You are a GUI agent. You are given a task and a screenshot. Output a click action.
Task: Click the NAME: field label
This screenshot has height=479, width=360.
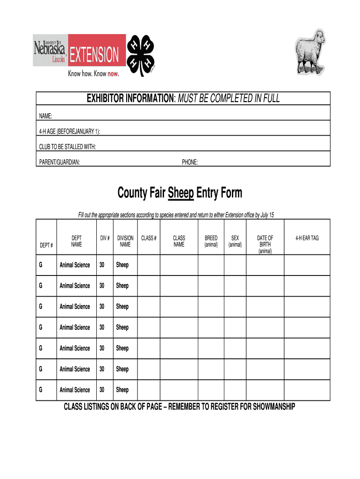pos(46,116)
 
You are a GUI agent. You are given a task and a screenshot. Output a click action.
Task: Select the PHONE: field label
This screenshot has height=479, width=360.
pos(190,162)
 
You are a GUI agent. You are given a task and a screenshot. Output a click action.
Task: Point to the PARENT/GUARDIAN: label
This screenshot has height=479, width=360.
pos(59,162)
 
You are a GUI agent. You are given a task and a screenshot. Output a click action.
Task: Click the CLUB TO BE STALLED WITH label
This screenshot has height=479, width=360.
pos(67,147)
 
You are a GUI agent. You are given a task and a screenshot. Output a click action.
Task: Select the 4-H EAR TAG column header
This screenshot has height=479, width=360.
pos(307,238)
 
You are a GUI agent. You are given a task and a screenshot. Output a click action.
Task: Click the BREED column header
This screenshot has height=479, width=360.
pos(211,241)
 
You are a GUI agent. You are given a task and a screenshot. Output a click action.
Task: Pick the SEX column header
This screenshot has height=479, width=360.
pos(235,241)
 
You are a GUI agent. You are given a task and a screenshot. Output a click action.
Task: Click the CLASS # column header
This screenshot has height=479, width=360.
pos(149,238)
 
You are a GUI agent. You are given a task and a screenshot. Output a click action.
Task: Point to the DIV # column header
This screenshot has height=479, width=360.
pos(105,238)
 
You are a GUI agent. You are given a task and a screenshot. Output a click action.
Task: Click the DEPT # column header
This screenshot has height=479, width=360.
pos(46,245)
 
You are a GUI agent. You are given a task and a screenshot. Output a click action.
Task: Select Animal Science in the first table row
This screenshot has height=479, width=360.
pos(75,265)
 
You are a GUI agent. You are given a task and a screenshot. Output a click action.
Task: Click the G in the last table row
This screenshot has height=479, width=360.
pos(41,390)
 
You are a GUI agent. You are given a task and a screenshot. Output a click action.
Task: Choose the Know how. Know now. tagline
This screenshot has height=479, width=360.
pos(94,73)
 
